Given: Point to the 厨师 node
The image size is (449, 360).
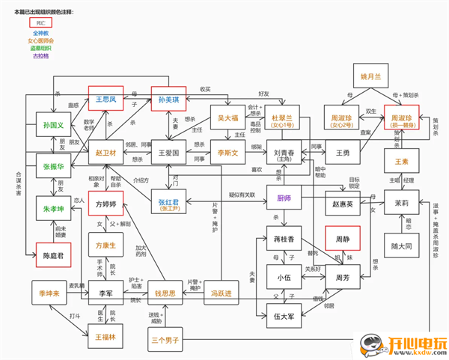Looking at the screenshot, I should [283, 198].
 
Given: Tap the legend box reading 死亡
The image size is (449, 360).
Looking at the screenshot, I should [40, 23].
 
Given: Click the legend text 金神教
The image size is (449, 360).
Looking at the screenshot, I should [40, 34].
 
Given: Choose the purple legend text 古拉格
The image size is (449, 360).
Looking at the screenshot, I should [40, 55].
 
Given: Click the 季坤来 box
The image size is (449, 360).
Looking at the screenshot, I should [49, 293].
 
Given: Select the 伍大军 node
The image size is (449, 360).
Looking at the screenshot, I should [283, 314].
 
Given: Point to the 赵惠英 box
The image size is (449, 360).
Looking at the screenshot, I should [342, 203].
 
